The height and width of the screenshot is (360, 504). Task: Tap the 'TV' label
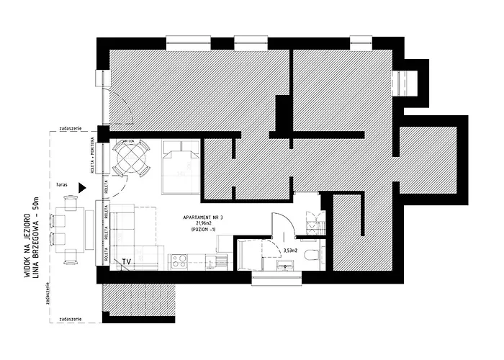point(126,261)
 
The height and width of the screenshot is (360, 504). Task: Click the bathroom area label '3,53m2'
point(291,251)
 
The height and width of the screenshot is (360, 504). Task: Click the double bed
point(179,166)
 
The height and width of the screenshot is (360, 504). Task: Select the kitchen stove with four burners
point(177,261)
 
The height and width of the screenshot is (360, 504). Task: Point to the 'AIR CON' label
point(127,140)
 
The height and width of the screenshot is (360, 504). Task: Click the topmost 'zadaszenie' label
point(70,128)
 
